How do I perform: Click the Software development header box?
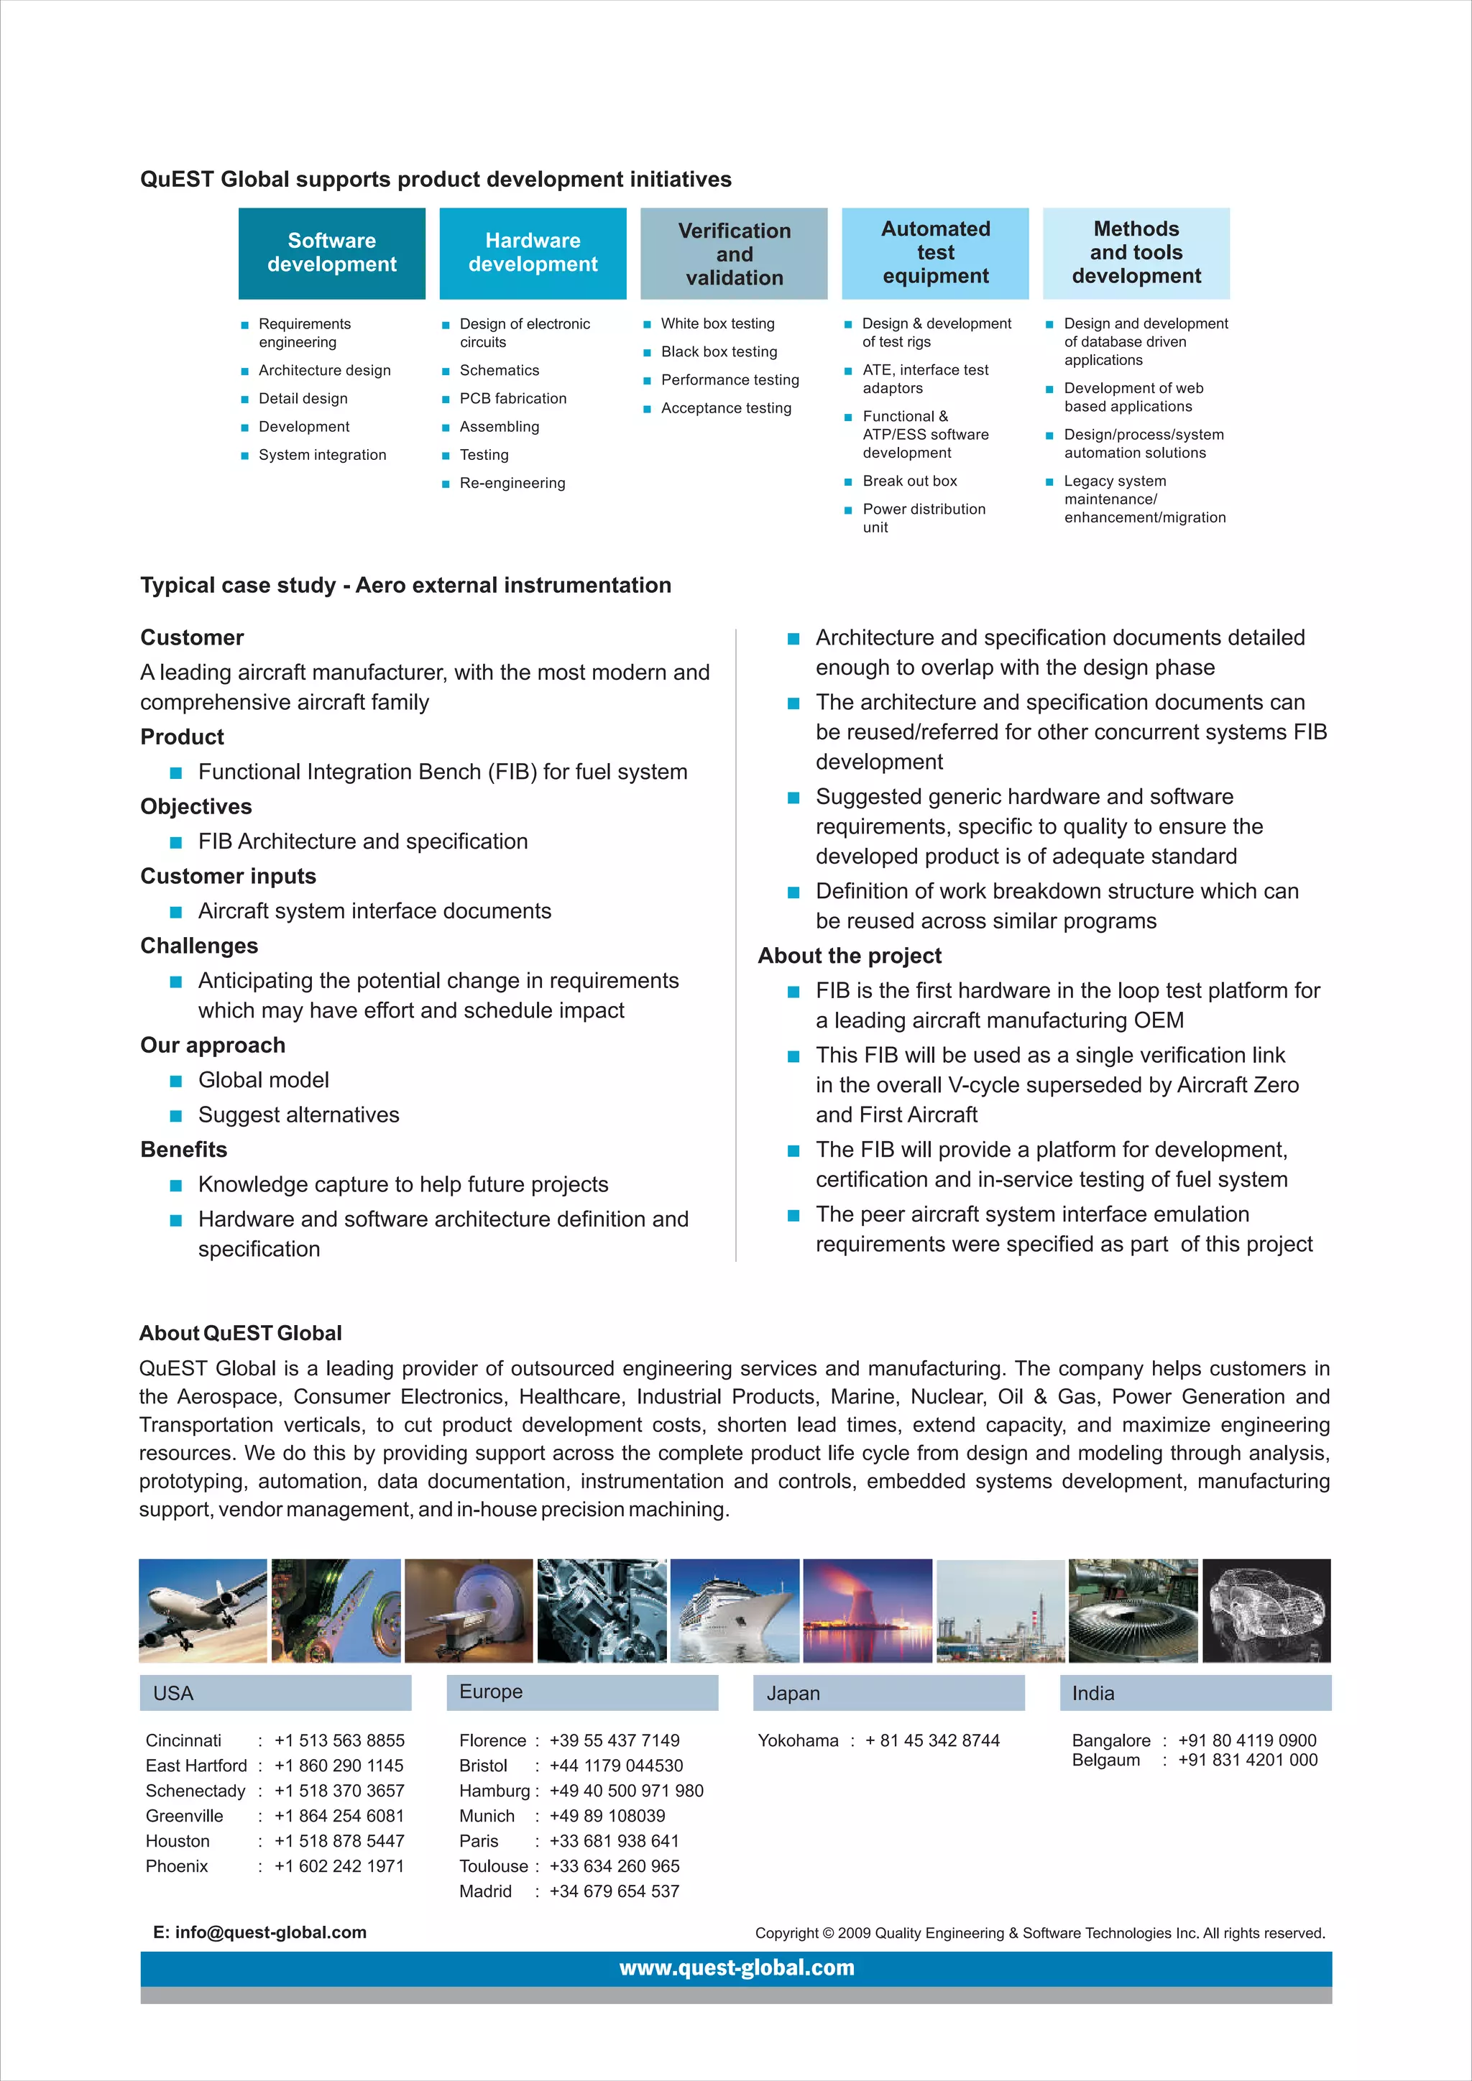[x=332, y=253]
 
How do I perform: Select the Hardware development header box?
[x=533, y=253]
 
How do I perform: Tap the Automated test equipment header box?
[x=935, y=253]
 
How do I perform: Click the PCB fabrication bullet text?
[x=512, y=399]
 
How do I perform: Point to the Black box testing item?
[x=719, y=351]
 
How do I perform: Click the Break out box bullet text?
[x=909, y=481]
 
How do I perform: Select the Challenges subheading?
[x=198, y=946]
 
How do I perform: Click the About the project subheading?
[x=850, y=956]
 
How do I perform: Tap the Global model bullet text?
[x=263, y=1080]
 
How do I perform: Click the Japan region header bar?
[x=888, y=1693]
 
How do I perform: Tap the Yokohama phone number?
[x=931, y=1741]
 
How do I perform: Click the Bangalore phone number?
[x=1246, y=1741]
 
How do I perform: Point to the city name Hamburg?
[x=494, y=1791]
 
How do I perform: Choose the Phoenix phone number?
[x=339, y=1866]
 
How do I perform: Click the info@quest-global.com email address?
[x=270, y=1932]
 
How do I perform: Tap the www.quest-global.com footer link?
[x=736, y=1967]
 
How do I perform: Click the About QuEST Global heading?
[x=240, y=1333]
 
